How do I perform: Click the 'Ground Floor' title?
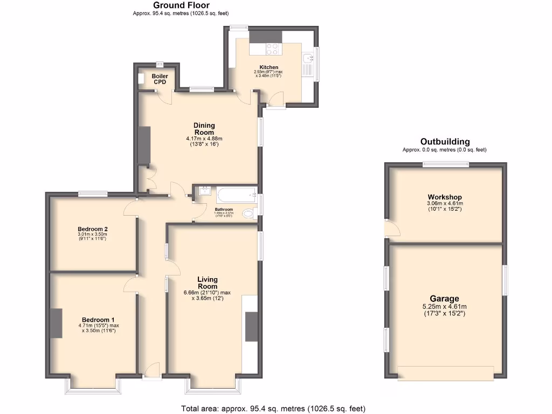click(185, 5)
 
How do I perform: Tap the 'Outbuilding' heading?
click(445, 142)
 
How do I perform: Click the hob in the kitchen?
click(273, 49)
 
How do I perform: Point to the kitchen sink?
click(308, 59)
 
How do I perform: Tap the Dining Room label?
click(204, 129)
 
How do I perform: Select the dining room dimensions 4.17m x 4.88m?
click(204, 139)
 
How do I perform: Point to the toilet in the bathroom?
click(249, 214)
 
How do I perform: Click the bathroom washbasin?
click(204, 191)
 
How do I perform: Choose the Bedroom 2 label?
click(93, 229)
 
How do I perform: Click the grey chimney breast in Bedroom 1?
click(57, 323)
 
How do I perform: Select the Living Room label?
click(208, 282)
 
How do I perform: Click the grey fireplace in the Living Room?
click(251, 327)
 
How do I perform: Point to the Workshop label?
click(445, 197)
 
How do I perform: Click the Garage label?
click(445, 299)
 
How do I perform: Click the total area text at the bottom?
click(277, 409)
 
